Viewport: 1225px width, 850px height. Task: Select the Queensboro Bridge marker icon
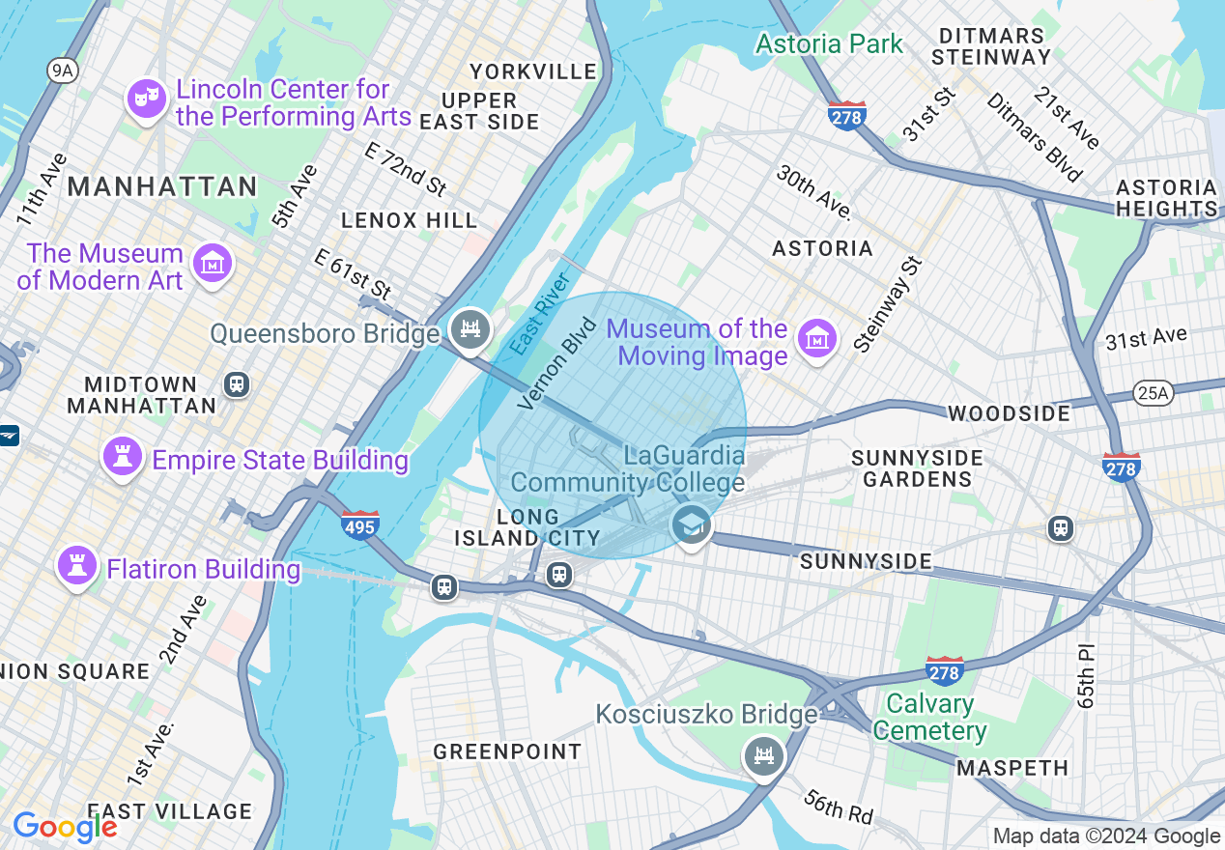click(470, 330)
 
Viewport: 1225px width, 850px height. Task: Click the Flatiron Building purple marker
click(76, 566)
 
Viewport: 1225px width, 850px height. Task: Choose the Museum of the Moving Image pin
click(816, 339)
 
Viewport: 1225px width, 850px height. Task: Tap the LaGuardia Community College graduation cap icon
click(691, 524)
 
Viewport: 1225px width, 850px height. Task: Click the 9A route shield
click(62, 70)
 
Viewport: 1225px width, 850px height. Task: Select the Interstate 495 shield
click(359, 524)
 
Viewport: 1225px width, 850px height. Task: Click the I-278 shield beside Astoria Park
click(846, 116)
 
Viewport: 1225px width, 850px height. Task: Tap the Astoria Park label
click(829, 43)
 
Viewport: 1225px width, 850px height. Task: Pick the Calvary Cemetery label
click(929, 718)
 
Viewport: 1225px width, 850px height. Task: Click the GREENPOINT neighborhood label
click(507, 751)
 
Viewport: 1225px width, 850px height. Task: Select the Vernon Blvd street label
click(557, 362)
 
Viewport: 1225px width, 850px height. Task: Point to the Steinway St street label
click(889, 303)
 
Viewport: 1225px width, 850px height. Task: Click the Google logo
click(65, 827)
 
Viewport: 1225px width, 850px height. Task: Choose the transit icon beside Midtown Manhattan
click(237, 384)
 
